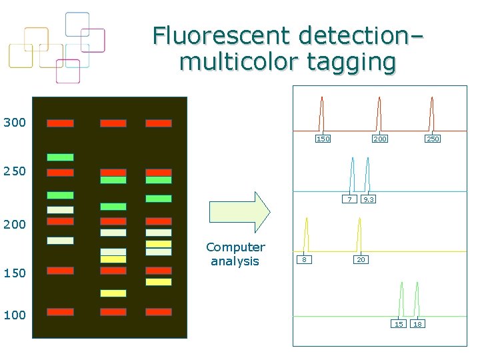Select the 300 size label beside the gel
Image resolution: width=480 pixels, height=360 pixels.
[15, 123]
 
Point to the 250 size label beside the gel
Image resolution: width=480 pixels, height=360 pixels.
[15, 171]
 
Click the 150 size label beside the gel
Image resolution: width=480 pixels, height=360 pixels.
[15, 273]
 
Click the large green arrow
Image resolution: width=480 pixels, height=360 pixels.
[239, 211]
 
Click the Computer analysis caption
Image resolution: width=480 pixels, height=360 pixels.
[235, 254]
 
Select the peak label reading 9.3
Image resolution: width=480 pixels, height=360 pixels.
[368, 199]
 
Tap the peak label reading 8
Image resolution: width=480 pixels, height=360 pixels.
[304, 259]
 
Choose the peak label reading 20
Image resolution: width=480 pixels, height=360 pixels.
[361, 259]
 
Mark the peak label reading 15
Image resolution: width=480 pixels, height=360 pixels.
[399, 324]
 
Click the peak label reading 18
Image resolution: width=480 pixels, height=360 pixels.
[418, 324]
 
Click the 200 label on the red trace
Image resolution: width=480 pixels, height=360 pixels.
[380, 139]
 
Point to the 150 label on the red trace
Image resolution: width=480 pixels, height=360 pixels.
[323, 139]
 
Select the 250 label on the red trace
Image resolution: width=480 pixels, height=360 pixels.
[433, 139]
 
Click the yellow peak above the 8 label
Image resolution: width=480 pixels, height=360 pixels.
[305, 233]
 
